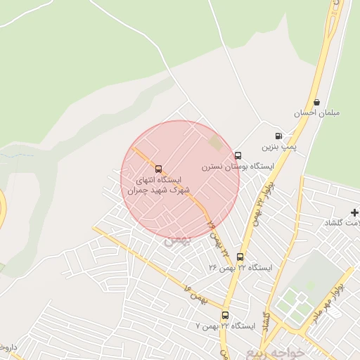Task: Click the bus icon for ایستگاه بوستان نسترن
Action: coord(238,155)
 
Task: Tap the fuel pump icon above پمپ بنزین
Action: coord(279,136)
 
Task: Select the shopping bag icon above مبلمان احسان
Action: coord(316,103)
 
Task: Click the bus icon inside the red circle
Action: coord(157,169)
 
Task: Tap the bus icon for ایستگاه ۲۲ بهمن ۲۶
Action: coord(240,257)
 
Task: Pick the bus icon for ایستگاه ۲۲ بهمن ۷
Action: coord(225,315)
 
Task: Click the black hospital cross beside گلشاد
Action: coord(354,212)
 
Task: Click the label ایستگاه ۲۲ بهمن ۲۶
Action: coord(240,268)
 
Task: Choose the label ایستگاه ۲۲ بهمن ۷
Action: coord(225,326)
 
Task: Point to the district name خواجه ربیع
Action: coord(277,352)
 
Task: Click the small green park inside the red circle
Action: coord(214,143)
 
